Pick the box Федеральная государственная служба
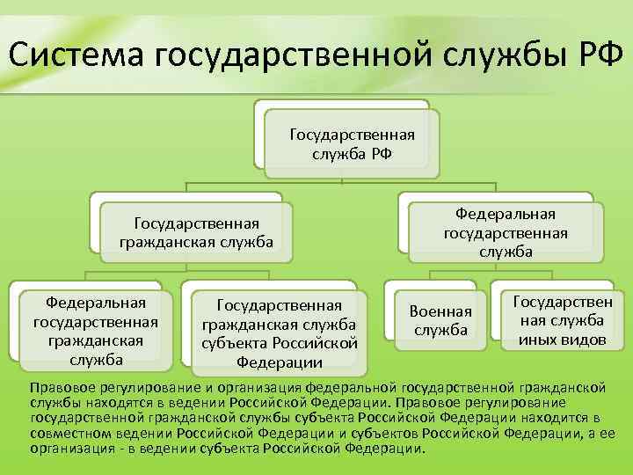[506, 232]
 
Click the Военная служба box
[440, 320]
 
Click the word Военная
[440, 311]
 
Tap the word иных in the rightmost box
[536, 339]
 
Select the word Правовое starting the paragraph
[59, 387]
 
